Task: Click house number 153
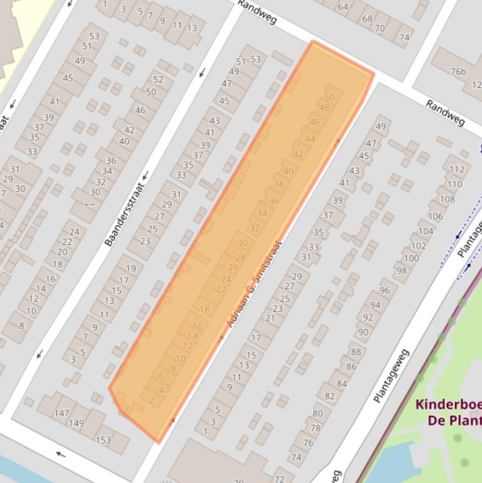(x=103, y=440)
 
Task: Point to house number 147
(x=61, y=413)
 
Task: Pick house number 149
(x=76, y=423)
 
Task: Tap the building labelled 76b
(x=459, y=72)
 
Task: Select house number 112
(x=457, y=169)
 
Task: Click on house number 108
(x=447, y=199)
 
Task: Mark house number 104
(x=426, y=231)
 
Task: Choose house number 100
(x=411, y=258)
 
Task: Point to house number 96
(x=384, y=290)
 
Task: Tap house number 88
(x=356, y=352)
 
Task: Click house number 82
(x=330, y=396)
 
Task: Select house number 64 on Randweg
(x=343, y=7)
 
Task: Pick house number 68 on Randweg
(x=367, y=18)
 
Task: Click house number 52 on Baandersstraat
(x=158, y=80)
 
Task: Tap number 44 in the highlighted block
(x=310, y=139)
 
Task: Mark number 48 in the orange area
(x=324, y=107)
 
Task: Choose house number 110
(x=454, y=184)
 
